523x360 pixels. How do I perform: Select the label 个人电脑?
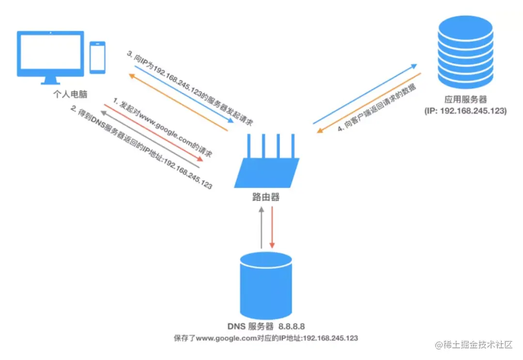click(x=68, y=93)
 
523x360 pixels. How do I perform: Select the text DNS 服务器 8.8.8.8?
click(x=265, y=325)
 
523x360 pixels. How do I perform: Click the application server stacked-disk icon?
click(x=465, y=50)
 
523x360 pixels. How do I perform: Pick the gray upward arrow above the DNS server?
click(x=261, y=227)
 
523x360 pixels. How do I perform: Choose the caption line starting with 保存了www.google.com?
click(x=266, y=338)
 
